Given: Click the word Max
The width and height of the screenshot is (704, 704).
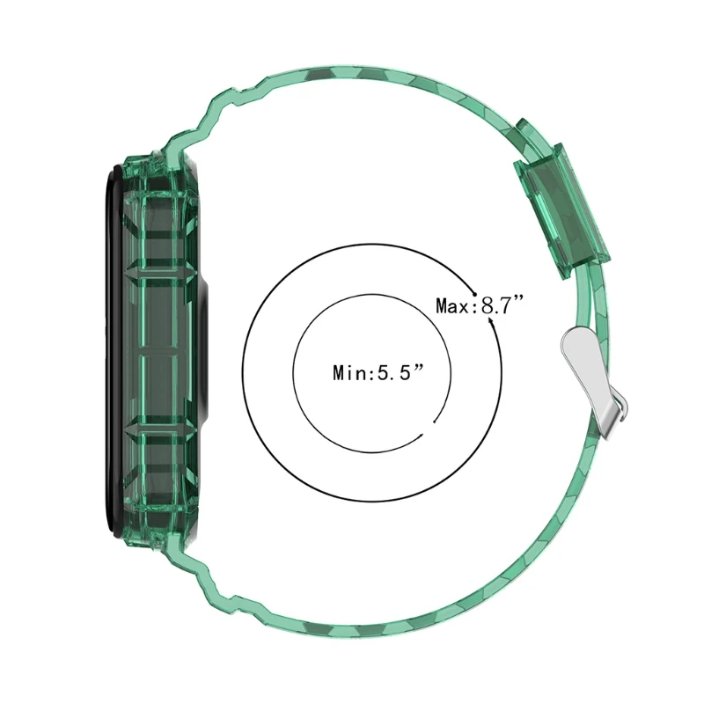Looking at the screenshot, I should pos(453,306).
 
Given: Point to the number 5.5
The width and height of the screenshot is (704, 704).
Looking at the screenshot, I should pos(393,372).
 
